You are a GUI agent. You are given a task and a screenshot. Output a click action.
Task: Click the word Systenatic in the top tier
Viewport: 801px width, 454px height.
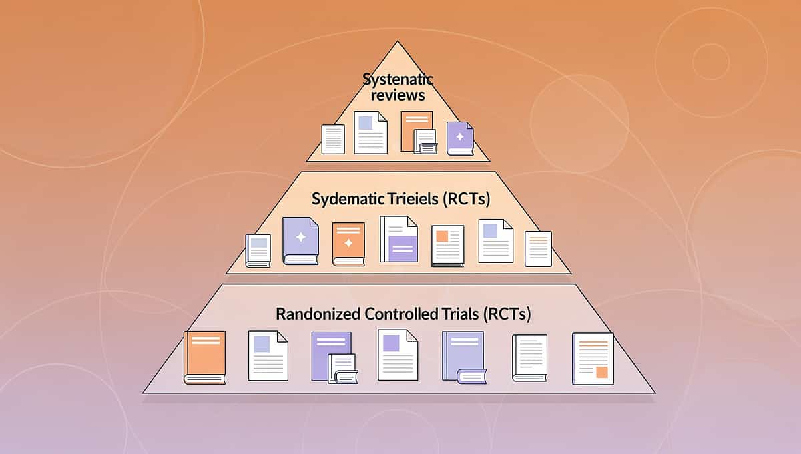coord(398,79)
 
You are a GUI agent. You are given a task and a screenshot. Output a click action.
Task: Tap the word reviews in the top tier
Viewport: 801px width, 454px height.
coord(398,95)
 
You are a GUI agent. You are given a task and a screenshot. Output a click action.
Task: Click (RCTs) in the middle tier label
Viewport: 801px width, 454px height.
coord(469,199)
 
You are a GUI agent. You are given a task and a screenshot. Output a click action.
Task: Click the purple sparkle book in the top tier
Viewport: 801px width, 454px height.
coord(460,138)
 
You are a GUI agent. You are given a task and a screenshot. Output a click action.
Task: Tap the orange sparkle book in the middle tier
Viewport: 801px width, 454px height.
coord(348,244)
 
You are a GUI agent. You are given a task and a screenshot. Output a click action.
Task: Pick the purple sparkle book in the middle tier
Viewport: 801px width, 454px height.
coord(300,240)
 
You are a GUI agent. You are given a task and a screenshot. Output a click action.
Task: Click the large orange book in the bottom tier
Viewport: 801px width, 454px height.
coord(205,357)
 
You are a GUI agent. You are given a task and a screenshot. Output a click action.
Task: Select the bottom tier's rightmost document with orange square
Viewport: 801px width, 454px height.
coord(593,359)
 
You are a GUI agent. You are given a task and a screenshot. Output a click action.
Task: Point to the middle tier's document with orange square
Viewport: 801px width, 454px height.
coord(447,246)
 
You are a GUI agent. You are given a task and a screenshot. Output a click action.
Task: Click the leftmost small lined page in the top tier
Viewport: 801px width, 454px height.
coord(333,139)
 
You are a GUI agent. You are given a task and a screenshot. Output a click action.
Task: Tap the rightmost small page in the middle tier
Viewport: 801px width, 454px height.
coord(538,248)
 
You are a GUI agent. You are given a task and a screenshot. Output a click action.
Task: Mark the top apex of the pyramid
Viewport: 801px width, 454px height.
coord(398,42)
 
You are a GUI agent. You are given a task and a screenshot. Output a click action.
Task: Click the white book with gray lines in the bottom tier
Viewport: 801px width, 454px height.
coord(529,358)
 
